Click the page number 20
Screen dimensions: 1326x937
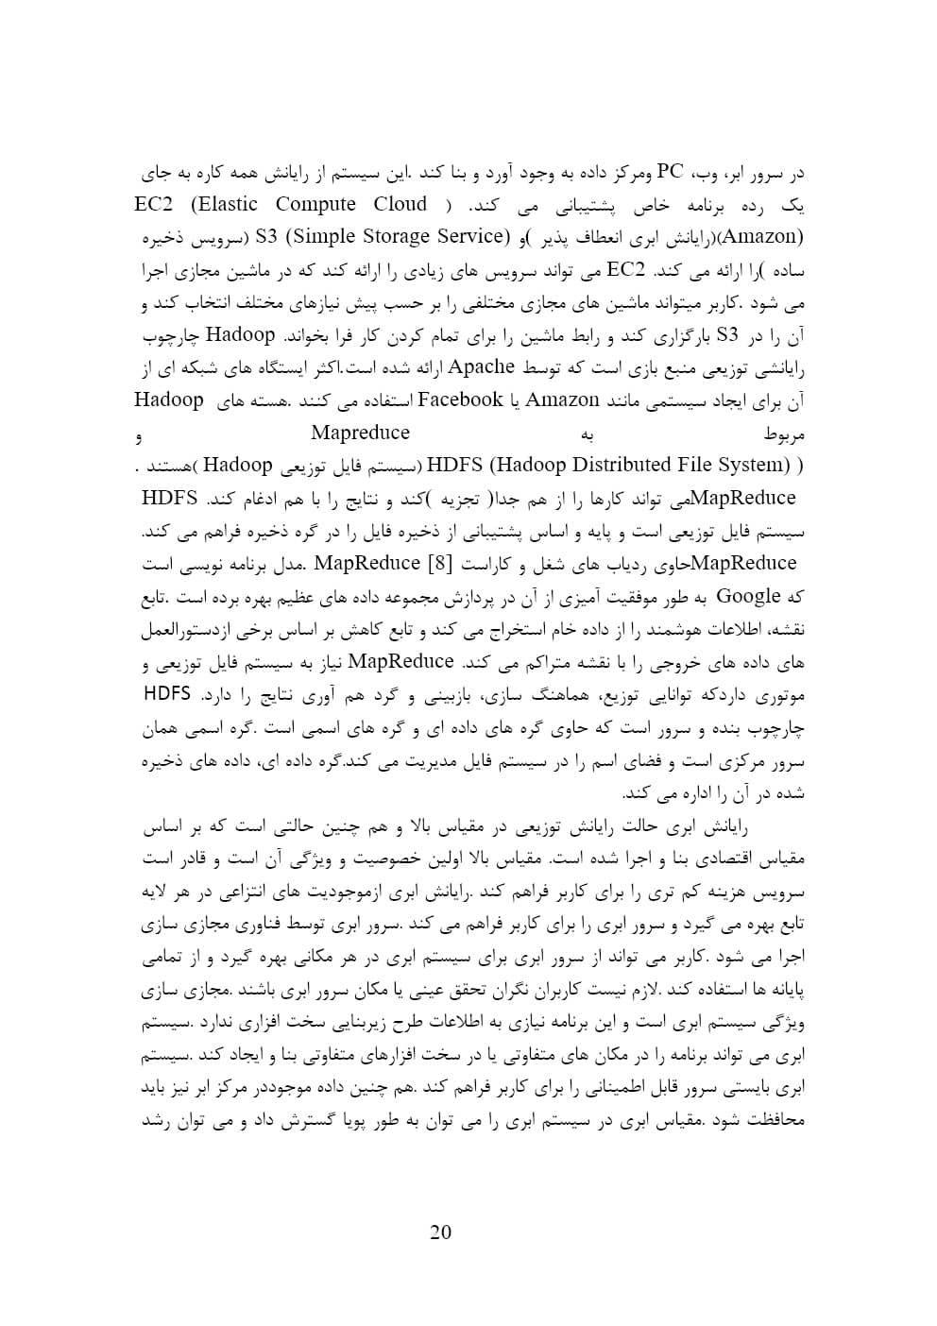point(440,1232)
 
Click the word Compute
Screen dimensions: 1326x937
point(315,204)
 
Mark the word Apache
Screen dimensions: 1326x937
point(482,366)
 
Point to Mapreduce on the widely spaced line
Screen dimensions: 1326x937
point(360,433)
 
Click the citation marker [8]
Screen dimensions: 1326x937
point(442,564)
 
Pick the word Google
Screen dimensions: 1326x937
point(749,596)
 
